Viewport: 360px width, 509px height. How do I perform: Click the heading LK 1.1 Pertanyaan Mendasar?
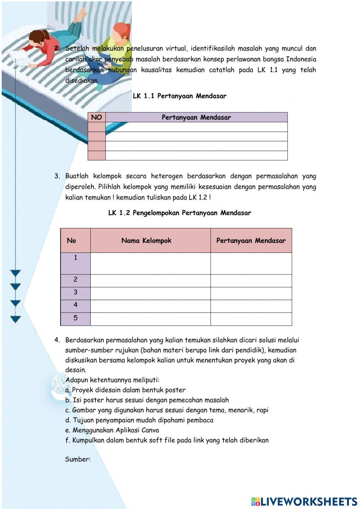pyautogui.click(x=179, y=96)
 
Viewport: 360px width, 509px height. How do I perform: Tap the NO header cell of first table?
pyautogui.click(x=96, y=117)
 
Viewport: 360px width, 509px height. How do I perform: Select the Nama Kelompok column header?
pyautogui.click(x=146, y=241)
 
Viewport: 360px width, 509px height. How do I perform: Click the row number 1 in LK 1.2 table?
pyautogui.click(x=76, y=258)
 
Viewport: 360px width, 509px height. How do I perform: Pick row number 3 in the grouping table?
pyautogui.click(x=76, y=292)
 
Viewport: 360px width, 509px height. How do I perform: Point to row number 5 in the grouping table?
pyautogui.click(x=76, y=318)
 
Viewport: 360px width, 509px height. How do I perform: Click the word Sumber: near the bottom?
pyautogui.click(x=78, y=459)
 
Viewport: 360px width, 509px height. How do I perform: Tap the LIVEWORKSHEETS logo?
pyautogui.click(x=304, y=501)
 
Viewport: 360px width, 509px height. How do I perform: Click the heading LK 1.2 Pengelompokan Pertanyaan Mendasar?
pyautogui.click(x=179, y=213)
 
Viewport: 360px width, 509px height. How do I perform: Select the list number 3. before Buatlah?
pyautogui.click(x=57, y=176)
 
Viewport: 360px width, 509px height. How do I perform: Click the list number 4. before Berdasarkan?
pyautogui.click(x=57, y=340)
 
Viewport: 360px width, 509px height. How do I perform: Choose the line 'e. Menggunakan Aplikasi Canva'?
pyautogui.click(x=112, y=430)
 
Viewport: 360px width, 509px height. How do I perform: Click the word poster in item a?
pyautogui.click(x=175, y=390)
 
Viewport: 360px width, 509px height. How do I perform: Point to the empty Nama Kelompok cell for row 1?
pyautogui.click(x=150, y=263)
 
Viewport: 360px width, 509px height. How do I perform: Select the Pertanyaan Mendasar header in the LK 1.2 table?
pyautogui.click(x=251, y=241)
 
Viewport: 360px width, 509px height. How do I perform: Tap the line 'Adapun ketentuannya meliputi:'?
pyautogui.click(x=112, y=380)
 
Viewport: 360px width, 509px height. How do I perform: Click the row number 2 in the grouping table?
pyautogui.click(x=76, y=280)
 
